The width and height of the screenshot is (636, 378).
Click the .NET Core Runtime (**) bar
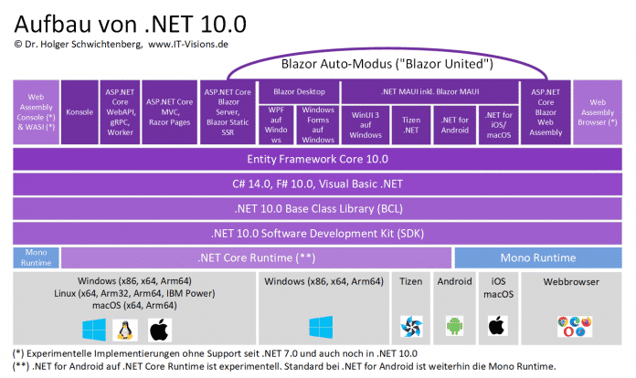pyautogui.click(x=256, y=257)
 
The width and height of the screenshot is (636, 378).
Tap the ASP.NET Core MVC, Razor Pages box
pyautogui.click(x=171, y=111)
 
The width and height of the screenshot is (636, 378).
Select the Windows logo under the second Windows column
pyautogui.click(x=323, y=327)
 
